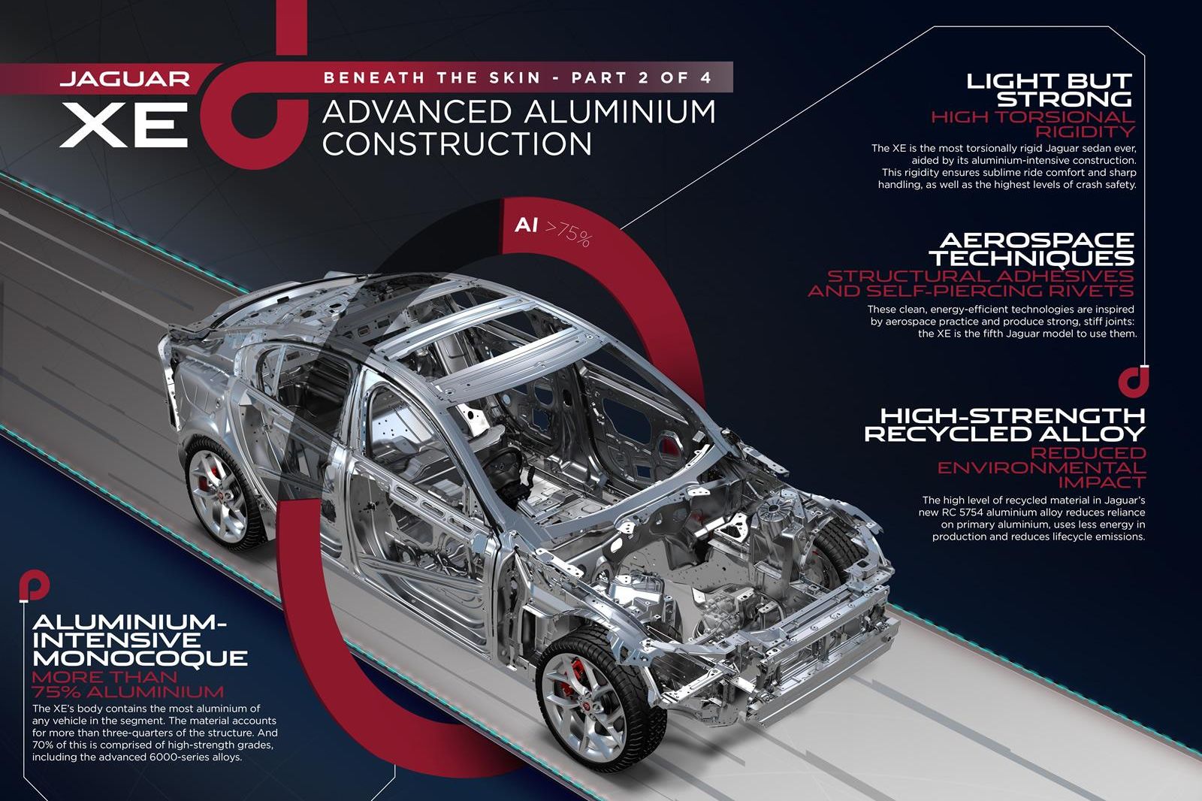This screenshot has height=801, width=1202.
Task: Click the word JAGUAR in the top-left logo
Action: pyautogui.click(x=125, y=80)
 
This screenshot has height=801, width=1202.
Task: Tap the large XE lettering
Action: pyautogui.click(x=124, y=125)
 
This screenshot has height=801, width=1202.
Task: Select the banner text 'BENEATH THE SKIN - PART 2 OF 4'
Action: pyautogui.click(x=518, y=78)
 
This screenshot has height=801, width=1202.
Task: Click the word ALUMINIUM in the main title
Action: pyautogui.click(x=621, y=112)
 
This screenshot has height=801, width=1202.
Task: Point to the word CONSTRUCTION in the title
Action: pyautogui.click(x=458, y=144)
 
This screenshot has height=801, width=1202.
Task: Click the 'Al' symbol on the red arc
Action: pyautogui.click(x=526, y=225)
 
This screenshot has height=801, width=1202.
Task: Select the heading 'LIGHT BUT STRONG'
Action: pyautogui.click(x=1049, y=90)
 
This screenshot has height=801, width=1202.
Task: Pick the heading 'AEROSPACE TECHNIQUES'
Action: pyautogui.click(x=1032, y=249)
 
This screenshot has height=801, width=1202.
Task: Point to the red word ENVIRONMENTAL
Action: pyautogui.click(x=1041, y=467)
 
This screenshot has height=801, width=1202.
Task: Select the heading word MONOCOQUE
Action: pyautogui.click(x=140, y=658)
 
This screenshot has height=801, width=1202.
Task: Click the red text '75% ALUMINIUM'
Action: pyautogui.click(x=128, y=691)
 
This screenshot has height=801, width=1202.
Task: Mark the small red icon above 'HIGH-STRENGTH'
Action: pyautogui.click(x=1134, y=381)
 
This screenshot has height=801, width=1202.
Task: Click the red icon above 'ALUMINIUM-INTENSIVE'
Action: pyautogui.click(x=34, y=586)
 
